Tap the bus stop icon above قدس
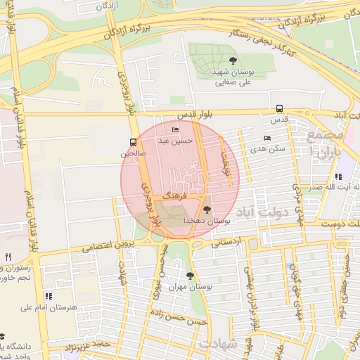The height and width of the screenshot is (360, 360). [x=280, y=109]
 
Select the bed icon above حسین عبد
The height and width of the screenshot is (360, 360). [x=175, y=129]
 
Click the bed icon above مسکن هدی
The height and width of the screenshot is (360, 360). [x=266, y=138]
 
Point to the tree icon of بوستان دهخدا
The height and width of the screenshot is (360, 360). [x=206, y=209]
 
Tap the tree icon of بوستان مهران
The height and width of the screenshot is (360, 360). [x=189, y=276]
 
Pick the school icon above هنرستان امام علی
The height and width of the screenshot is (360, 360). [x=48, y=296]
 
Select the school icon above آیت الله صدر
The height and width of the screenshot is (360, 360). [x=337, y=176]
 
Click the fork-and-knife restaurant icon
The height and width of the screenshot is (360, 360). [x=8, y=257]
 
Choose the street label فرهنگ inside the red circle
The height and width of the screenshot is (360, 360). [x=175, y=191]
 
